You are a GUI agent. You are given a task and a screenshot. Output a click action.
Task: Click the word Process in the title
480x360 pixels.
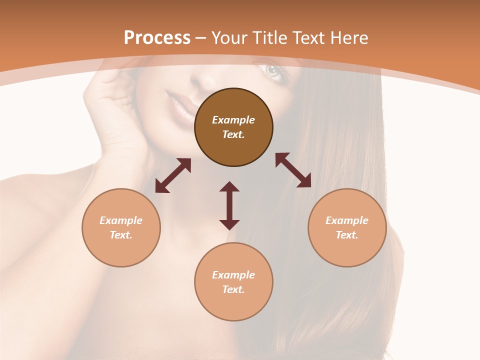click(157, 38)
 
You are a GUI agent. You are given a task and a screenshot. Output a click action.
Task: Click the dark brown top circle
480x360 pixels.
click(233, 127)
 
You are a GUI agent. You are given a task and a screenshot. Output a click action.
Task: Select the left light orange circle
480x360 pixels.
click(121, 227)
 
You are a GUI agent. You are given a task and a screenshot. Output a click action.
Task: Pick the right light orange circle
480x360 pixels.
click(347, 227)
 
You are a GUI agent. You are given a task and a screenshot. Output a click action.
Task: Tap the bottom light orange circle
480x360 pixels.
click(233, 281)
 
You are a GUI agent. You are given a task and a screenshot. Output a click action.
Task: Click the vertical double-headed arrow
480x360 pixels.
click(229, 205)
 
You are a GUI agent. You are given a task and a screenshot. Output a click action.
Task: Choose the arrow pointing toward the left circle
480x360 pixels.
click(173, 175)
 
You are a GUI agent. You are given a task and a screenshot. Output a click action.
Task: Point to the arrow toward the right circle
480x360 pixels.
click(293, 170)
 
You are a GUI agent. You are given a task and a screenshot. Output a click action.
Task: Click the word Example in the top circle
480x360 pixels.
click(233, 120)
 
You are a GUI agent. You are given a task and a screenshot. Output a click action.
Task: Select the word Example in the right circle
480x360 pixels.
click(347, 220)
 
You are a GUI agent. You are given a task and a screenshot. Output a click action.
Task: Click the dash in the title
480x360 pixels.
click(200, 38)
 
